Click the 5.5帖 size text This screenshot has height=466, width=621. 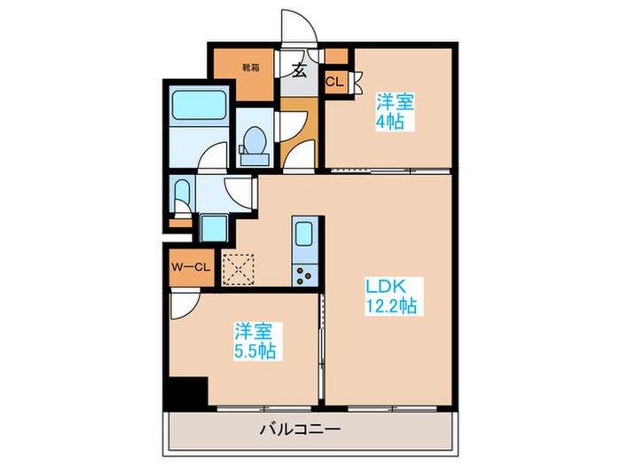pyautogui.click(x=255, y=351)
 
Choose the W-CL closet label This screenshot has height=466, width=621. pyautogui.click(x=191, y=265)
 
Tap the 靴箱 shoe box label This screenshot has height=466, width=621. pyautogui.click(x=249, y=66)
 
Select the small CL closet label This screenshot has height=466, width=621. pyautogui.click(x=334, y=82)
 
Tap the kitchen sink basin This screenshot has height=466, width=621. pyautogui.click(x=303, y=235)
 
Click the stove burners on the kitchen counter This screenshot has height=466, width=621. pyautogui.click(x=304, y=274)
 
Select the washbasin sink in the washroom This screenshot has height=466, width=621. pyautogui.click(x=182, y=194)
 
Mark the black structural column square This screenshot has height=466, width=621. pyautogui.click(x=187, y=391)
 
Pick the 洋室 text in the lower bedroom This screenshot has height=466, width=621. pyautogui.click(x=254, y=331)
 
